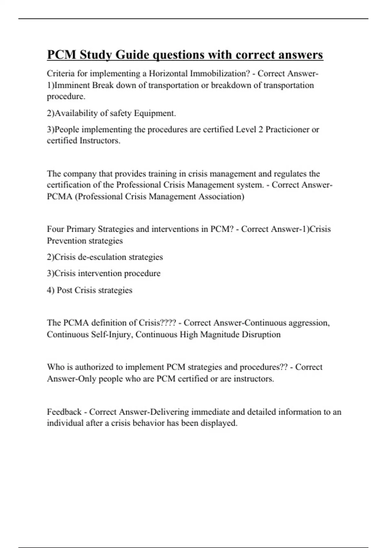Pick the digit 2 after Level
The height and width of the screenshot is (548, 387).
pos(261,130)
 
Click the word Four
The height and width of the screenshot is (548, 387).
pos(55,229)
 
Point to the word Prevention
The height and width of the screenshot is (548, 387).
pos(66,241)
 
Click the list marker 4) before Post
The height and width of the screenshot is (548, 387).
pos(51,290)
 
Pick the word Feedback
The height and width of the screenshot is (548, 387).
pos(64,412)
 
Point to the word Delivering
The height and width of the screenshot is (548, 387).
pos(170,412)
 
